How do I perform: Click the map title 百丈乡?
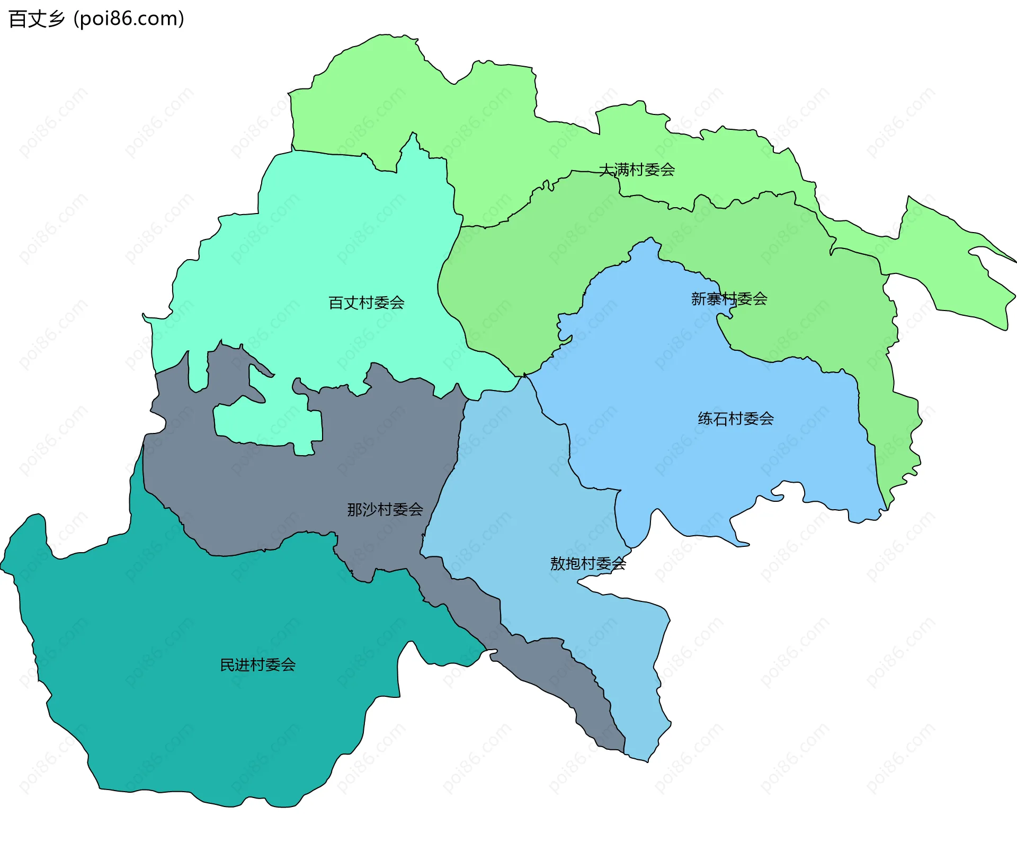(x=36, y=19)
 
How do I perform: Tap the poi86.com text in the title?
(x=129, y=19)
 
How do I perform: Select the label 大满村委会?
(x=637, y=170)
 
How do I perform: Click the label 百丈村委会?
(x=367, y=303)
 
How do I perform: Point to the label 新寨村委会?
(x=729, y=299)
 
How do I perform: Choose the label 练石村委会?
(x=736, y=419)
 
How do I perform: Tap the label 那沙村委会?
(x=385, y=510)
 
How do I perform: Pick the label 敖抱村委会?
(x=588, y=564)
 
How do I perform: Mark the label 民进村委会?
(x=258, y=665)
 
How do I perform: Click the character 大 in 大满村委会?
(x=606, y=170)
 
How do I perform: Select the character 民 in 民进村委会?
(x=227, y=665)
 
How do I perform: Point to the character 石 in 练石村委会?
(x=720, y=419)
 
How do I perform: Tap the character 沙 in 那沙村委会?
(x=370, y=510)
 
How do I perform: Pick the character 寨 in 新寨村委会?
(x=714, y=299)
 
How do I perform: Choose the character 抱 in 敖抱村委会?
(x=573, y=564)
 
